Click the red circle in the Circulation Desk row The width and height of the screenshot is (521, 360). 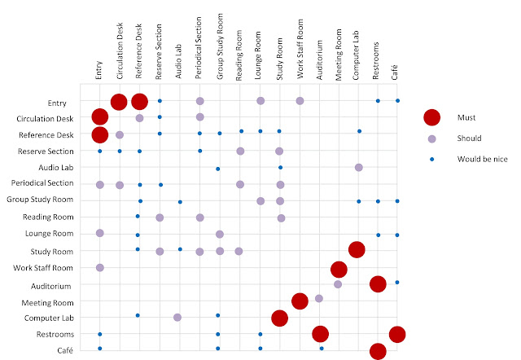tap(99, 118)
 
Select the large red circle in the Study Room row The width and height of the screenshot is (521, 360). tap(357, 250)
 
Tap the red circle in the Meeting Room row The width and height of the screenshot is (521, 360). tap(300, 301)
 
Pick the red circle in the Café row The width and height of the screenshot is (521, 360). tap(378, 351)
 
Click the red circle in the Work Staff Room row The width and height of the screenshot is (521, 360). tap(339, 268)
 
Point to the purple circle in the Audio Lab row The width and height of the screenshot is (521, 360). tap(359, 167)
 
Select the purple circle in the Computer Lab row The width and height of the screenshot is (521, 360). tap(177, 317)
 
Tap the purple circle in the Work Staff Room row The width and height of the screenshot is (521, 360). tap(99, 267)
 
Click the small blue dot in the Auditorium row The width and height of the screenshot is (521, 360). tap(397, 283)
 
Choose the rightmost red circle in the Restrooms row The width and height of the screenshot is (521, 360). tap(397, 334)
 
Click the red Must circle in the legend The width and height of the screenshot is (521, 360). tap(432, 118)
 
